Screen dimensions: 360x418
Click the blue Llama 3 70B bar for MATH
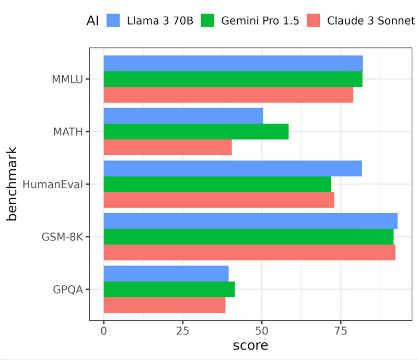(183, 116)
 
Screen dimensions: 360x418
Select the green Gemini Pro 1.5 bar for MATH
(196, 132)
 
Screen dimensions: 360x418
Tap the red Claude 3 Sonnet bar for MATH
(167, 147)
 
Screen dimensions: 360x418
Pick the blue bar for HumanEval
(233, 168)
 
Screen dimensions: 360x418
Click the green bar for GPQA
(169, 289)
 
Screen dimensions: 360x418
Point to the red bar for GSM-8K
(249, 252)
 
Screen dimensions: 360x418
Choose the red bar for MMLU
(228, 95)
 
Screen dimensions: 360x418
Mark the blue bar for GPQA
(166, 273)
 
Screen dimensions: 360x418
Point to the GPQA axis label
(68, 289)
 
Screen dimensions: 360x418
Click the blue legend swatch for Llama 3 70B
(114, 21)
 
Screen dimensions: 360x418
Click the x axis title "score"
(250, 345)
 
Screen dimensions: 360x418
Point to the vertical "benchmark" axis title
(13, 184)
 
